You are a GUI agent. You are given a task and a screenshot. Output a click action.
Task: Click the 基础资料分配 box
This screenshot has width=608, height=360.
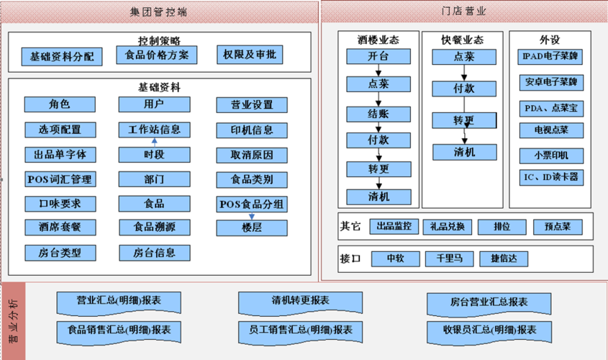coord(62,55)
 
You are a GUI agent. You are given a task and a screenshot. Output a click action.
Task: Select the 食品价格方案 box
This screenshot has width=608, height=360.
coord(156,55)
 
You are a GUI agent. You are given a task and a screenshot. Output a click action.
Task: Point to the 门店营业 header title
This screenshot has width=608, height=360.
coord(463,12)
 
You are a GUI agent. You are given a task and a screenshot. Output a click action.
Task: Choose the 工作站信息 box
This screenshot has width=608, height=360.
coord(154,130)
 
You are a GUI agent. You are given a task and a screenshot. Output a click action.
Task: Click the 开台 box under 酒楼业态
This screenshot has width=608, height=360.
coord(378,56)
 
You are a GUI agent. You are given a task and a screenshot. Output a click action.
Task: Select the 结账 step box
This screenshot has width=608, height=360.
coord(378,113)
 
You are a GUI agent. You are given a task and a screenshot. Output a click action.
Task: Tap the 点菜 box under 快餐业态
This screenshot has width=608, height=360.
coord(464,56)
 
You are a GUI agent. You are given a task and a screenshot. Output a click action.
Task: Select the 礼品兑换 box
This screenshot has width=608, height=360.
coord(448,227)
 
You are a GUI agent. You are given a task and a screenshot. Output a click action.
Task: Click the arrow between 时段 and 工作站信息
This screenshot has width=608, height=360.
coord(154,143)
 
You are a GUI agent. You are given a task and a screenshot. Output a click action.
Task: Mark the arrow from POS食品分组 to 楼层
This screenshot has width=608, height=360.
coord(251,215)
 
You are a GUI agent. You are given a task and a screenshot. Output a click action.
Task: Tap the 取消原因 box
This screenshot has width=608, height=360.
coord(251,155)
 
